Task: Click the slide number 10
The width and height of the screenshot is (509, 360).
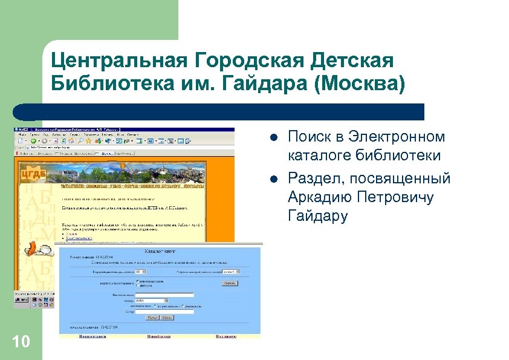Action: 21,342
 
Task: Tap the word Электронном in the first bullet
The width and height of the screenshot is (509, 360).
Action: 389,137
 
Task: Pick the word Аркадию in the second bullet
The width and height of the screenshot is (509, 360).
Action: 320,197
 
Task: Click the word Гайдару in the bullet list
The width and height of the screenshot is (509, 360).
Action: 318,216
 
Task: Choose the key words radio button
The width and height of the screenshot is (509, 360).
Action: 138,281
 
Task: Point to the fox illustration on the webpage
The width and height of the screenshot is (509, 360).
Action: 33,249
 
